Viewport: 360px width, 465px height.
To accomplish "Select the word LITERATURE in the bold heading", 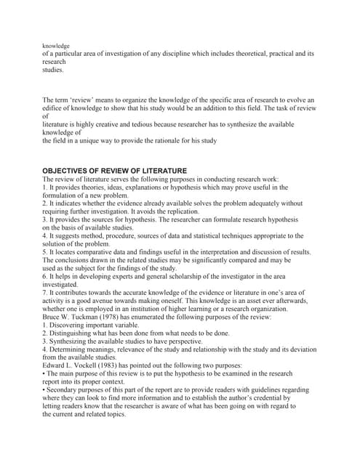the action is coord(162,170).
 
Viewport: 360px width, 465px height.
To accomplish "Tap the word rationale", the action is coord(159,140).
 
